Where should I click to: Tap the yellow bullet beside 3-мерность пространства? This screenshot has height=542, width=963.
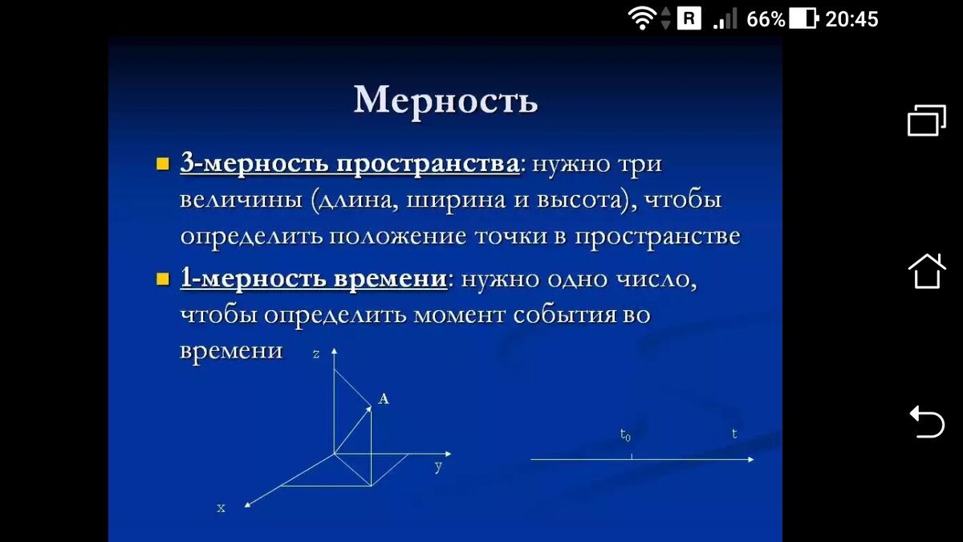click(163, 165)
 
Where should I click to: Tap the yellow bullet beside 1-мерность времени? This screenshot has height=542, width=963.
click(163, 279)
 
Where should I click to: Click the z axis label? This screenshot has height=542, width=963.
click(317, 353)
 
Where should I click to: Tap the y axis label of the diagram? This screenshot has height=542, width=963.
click(438, 467)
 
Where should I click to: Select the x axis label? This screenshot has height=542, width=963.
click(221, 507)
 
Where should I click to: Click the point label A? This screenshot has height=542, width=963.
click(384, 398)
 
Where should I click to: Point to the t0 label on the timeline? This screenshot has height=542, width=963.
click(625, 435)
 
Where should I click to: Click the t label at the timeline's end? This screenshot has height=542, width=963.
click(734, 434)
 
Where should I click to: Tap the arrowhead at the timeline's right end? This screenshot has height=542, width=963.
click(750, 459)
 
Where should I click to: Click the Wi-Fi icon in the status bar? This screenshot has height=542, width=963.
click(642, 18)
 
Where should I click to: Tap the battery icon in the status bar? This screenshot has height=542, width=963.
click(803, 18)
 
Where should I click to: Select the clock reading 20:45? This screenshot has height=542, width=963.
click(852, 18)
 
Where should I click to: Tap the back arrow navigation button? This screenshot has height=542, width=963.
click(926, 421)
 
